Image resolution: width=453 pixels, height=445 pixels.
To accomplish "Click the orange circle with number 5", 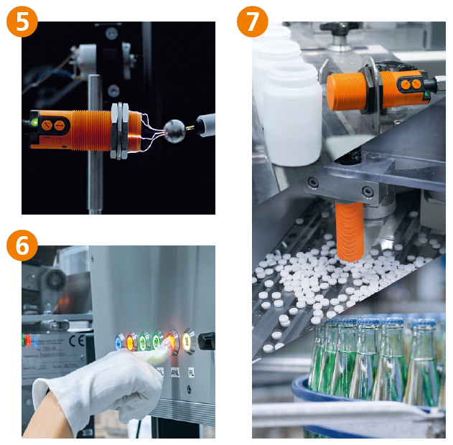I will pos(22,22).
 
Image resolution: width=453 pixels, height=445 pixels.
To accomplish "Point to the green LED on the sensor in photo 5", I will pos(34,123).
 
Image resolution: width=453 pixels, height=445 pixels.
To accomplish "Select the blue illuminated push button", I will pos(119,341).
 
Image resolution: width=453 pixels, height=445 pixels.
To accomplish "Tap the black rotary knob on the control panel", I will pos(206,339).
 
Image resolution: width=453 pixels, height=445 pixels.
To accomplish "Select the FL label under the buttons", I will pos(191,373).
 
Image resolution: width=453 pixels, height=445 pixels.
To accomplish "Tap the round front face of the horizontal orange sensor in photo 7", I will pos(332,91).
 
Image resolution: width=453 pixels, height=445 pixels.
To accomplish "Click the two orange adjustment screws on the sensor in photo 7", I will pos(411,84).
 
